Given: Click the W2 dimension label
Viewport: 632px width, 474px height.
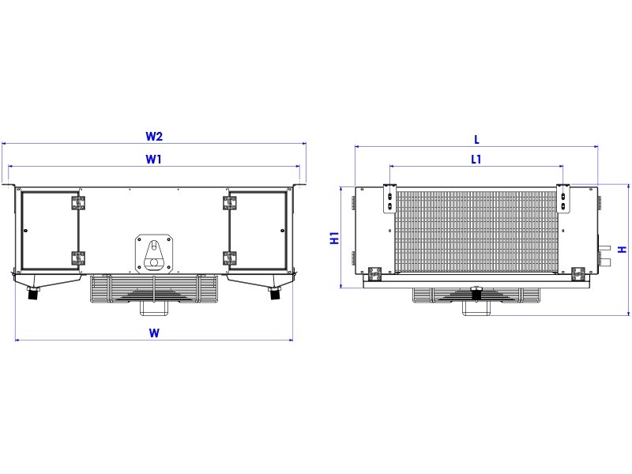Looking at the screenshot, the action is click(153, 136).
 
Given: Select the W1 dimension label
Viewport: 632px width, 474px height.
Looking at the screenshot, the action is click(153, 160).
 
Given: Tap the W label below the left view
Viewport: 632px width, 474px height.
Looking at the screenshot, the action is click(154, 333).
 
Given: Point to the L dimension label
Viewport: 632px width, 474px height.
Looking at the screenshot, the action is click(476, 140).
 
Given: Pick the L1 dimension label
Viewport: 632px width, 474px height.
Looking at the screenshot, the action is click(476, 160).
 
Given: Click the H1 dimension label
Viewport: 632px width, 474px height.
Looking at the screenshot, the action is click(334, 238).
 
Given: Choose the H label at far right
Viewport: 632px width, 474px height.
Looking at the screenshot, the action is click(623, 250).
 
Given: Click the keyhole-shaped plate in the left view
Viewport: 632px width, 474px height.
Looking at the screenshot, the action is click(154, 254).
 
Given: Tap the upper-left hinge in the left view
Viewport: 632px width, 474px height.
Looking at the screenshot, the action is click(78, 203).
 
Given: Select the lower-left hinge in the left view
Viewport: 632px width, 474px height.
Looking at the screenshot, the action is click(78, 258).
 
